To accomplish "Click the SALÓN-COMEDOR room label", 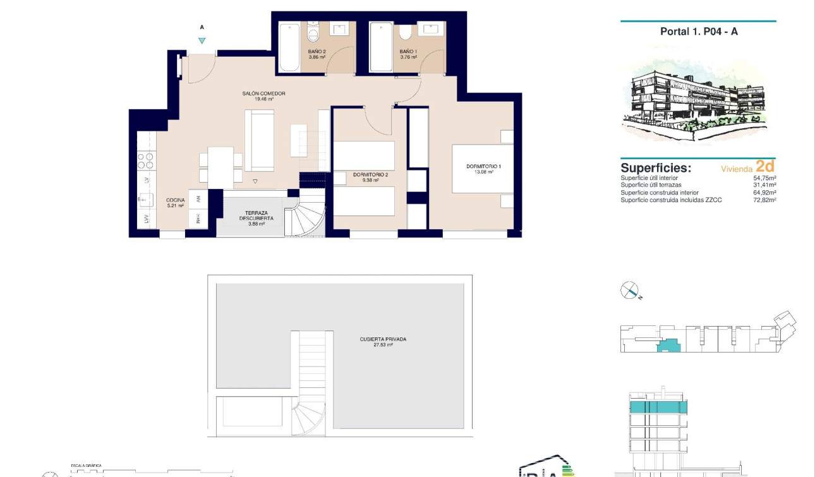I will [263, 94].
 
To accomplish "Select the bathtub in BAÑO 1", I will [380, 47].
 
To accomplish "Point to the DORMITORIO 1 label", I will [483, 166].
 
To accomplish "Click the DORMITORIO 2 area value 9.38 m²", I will [370, 180].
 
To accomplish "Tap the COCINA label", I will [175, 200].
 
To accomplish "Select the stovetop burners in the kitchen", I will [146, 161].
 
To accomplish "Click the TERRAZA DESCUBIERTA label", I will [256, 214].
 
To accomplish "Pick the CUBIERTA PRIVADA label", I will [383, 339].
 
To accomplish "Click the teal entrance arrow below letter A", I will [202, 40].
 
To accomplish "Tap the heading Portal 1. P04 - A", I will [698, 32].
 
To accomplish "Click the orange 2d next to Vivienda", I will [764, 166].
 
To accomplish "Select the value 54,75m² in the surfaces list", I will [764, 178].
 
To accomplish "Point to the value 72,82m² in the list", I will [764, 200].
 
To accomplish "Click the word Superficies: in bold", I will [656, 168].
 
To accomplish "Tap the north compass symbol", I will [630, 291].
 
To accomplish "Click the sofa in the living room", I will [259, 140].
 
